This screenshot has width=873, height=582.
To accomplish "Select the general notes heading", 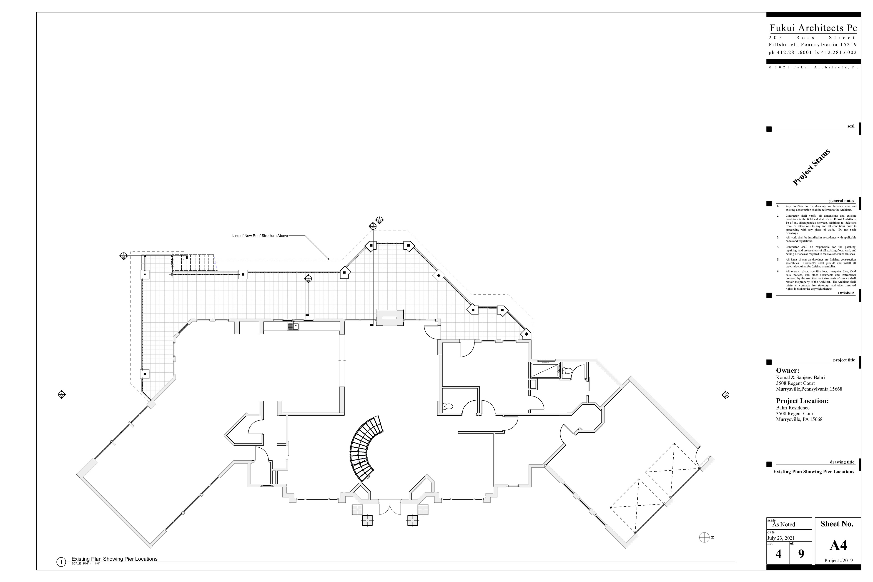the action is coord(841,201).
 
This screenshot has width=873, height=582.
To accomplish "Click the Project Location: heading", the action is coord(802,401).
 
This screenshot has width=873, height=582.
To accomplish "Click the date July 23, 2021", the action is coord(781,538).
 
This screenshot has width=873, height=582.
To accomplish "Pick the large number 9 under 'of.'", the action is coord(801,554).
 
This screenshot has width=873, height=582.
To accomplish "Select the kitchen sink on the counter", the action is coord(293,327).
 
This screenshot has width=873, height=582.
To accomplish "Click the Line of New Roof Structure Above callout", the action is coord(260,236).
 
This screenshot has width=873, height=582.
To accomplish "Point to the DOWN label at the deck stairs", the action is coord(173,263).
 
